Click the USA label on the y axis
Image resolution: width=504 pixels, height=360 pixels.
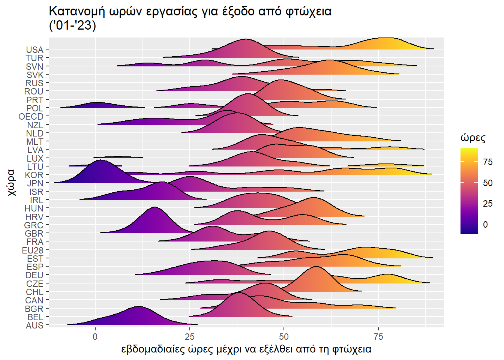(x=34, y=50)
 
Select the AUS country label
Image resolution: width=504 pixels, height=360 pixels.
(x=34, y=325)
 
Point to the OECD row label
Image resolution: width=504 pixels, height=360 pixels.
(x=31, y=117)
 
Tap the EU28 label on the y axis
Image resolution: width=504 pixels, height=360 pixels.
(x=33, y=250)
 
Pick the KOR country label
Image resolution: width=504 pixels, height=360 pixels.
(x=34, y=175)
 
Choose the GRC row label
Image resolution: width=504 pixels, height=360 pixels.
(x=34, y=225)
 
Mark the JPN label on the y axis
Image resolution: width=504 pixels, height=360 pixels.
(x=35, y=183)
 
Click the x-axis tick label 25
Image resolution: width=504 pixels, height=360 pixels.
(x=190, y=336)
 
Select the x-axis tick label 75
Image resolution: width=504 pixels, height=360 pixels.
(x=378, y=336)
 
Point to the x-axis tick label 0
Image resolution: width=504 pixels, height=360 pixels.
(x=95, y=336)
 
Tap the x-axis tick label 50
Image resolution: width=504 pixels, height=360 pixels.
(x=284, y=336)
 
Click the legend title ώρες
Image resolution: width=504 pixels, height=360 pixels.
(x=473, y=138)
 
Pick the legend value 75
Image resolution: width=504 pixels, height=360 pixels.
(x=488, y=162)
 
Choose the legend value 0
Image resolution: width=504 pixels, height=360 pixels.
(x=485, y=225)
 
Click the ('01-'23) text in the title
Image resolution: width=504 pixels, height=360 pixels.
(x=72, y=25)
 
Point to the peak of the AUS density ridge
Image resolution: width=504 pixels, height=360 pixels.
(x=139, y=306)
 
